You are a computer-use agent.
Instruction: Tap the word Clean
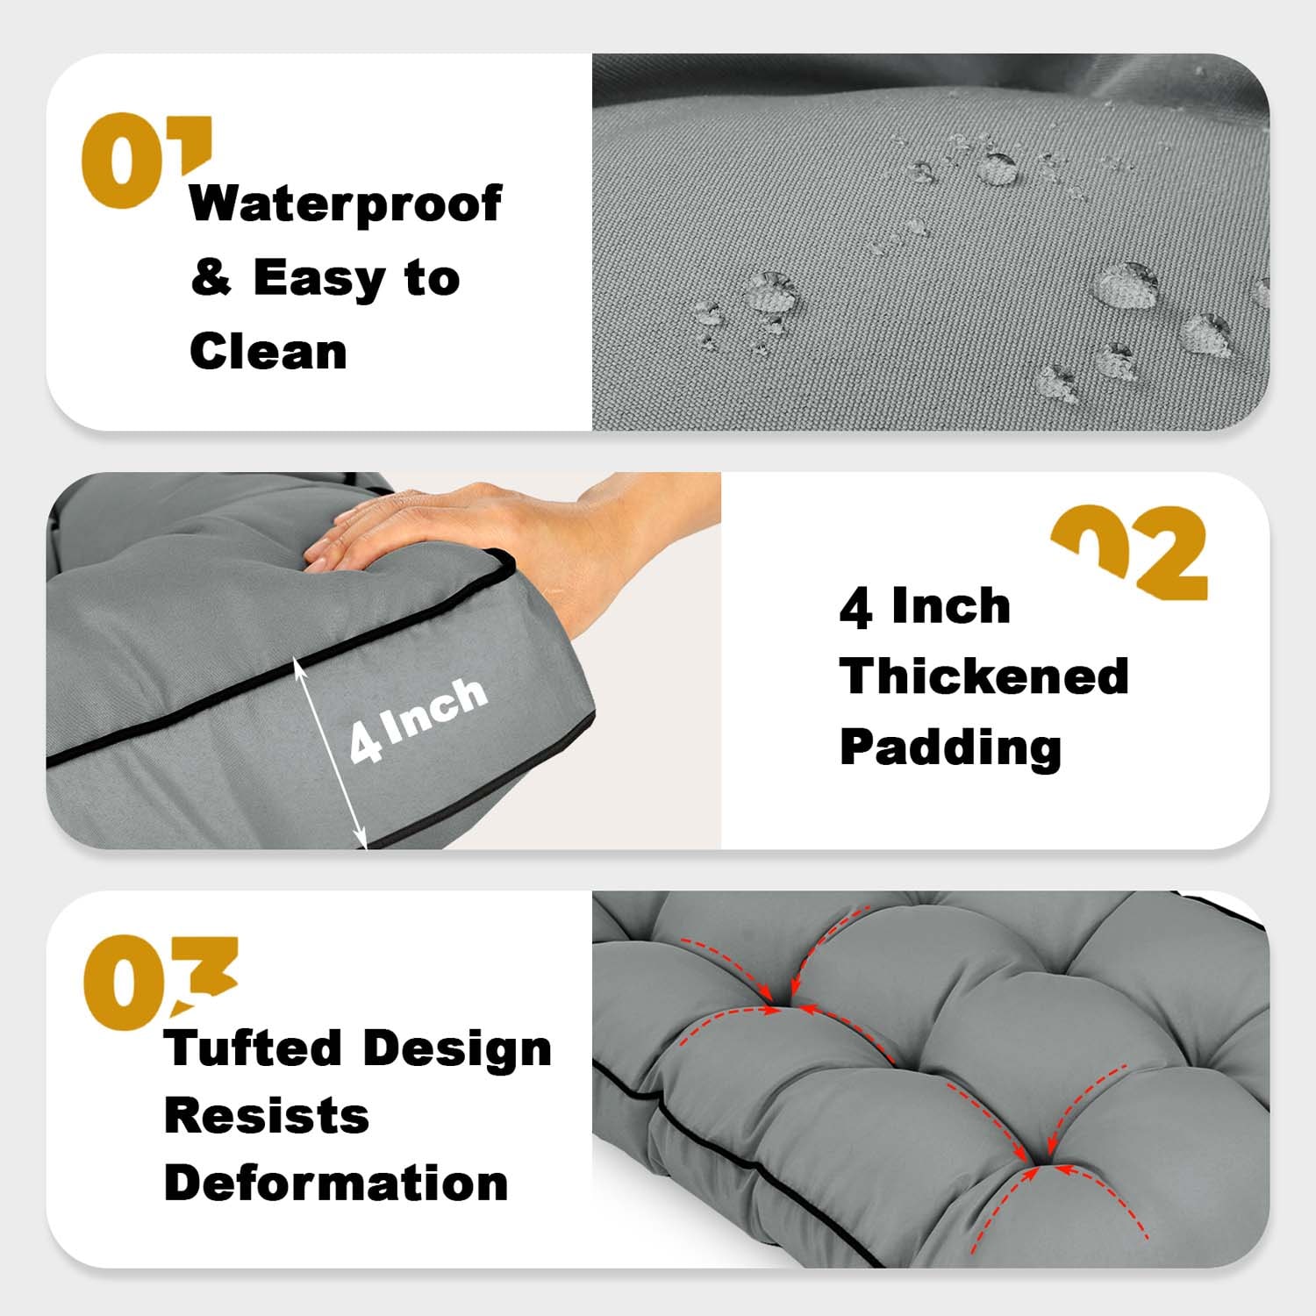268,351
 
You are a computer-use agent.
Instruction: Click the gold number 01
147,161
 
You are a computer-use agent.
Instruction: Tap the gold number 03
160,982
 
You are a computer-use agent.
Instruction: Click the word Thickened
984,676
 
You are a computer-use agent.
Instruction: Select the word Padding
951,748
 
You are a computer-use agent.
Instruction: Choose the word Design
457,1049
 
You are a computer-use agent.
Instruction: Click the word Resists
267,1116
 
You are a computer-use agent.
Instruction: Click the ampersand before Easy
211,278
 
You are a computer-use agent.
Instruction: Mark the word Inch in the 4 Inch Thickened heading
951,606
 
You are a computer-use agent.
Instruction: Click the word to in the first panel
432,278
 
